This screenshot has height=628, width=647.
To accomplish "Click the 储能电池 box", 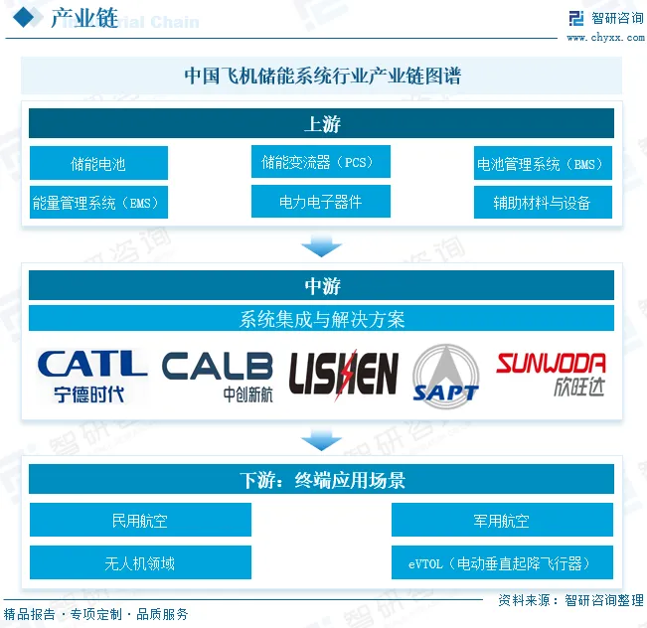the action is (98, 163).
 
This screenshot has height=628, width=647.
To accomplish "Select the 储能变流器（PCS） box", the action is (320, 161).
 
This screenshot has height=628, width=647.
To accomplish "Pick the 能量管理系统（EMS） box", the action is (98, 203).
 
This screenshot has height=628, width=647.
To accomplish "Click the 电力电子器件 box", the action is (320, 202).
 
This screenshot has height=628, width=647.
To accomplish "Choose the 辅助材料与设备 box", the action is (542, 203).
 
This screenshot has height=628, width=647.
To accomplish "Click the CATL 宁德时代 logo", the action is (90, 374).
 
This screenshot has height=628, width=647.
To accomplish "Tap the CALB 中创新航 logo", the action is (217, 375).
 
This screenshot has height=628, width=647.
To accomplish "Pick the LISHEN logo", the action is (343, 374).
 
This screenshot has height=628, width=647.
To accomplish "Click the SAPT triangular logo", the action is (445, 374).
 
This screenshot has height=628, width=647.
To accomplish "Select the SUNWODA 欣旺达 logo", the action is (551, 374).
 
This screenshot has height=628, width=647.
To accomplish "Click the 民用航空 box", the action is (140, 520).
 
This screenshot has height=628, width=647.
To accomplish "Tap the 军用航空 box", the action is (501, 520).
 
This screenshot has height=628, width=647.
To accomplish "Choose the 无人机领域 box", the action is (140, 562).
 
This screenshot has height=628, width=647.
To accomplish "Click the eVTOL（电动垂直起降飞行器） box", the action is (501, 562).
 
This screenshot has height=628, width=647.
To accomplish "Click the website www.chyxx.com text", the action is (604, 38).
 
